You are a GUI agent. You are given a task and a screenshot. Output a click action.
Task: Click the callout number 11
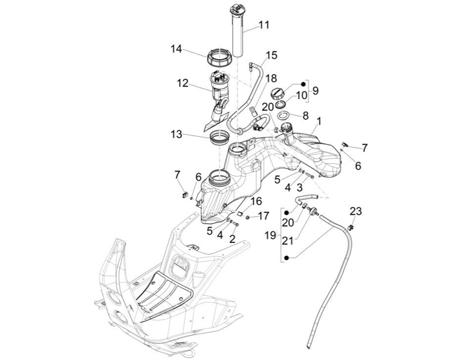264,25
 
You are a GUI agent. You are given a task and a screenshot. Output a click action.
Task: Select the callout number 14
176,49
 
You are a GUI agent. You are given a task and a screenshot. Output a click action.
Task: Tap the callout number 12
183,83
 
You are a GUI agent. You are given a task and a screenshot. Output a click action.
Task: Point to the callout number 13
176,134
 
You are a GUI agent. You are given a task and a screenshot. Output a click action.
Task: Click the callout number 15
271,55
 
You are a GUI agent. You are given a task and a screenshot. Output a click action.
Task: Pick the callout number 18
271,78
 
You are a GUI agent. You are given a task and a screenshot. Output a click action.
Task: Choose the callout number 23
356,212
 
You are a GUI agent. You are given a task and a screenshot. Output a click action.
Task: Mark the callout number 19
271,235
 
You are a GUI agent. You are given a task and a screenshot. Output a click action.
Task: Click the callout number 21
287,241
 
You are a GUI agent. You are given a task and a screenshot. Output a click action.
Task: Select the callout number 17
264,216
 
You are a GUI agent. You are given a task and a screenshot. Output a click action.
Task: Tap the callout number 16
257,202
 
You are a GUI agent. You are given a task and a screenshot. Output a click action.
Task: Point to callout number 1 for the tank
319,122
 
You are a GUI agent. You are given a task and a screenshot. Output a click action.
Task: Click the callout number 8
305,115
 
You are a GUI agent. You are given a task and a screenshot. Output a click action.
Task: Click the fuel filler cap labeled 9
278,94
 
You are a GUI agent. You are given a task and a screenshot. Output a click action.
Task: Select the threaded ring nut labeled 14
220,57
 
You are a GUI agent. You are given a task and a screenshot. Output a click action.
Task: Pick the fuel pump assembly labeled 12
219,99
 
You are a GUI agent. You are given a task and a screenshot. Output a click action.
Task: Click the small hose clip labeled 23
351,227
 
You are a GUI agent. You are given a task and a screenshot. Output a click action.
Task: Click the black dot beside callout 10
303,84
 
